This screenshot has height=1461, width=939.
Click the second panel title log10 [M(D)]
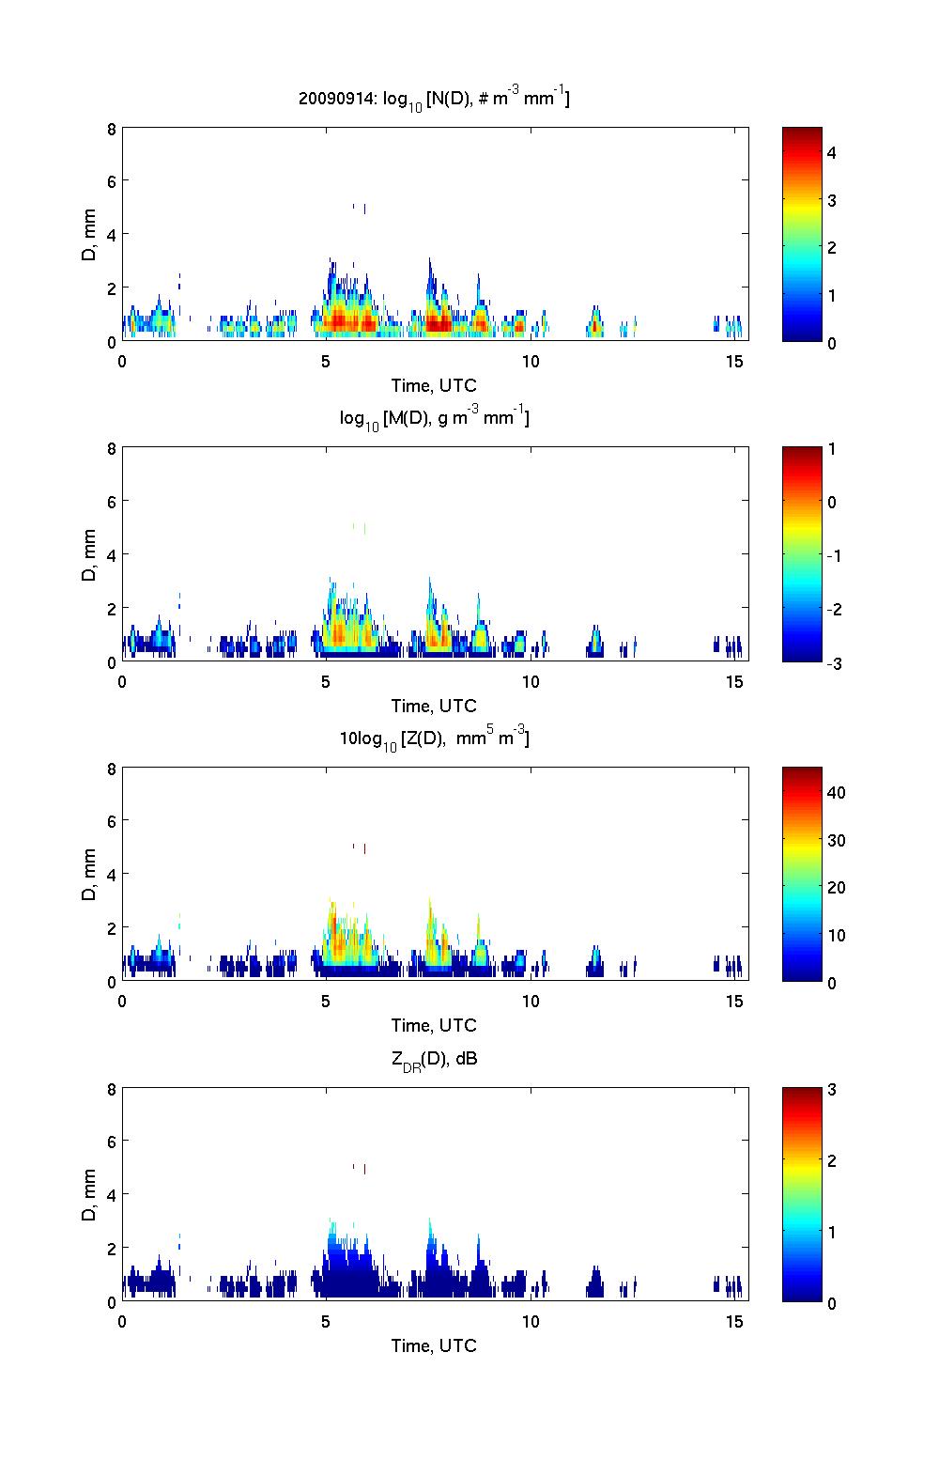tap(434, 418)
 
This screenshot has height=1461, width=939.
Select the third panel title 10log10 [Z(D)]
tap(434, 738)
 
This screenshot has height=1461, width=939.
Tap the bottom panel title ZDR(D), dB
tap(434, 1061)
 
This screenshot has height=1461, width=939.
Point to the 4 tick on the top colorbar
tap(832, 152)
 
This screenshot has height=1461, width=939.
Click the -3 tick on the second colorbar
tap(834, 662)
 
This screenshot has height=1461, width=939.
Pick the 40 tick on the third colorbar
tap(836, 792)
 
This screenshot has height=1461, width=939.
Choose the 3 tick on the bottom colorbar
tap(832, 1090)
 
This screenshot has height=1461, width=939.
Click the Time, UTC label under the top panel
tap(434, 385)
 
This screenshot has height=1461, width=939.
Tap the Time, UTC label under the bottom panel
tap(434, 1345)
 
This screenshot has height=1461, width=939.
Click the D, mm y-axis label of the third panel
tap(89, 874)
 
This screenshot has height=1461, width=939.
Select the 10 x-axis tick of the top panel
tap(531, 362)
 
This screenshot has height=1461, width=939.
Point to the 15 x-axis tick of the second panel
tap(735, 681)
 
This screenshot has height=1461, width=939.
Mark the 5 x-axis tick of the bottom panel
tap(326, 1321)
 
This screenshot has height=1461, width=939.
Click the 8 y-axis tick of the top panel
tap(112, 128)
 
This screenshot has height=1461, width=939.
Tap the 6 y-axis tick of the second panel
tap(112, 501)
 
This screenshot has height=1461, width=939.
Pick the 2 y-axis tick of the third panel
tap(112, 927)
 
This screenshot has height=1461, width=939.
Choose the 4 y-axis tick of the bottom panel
tap(112, 1194)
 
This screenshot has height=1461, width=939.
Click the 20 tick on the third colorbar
tap(836, 887)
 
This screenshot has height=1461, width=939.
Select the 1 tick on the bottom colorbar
tap(832, 1232)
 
